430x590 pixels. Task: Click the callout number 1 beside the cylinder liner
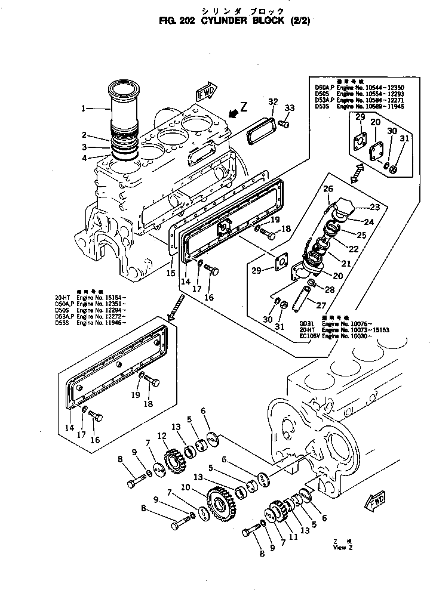84,109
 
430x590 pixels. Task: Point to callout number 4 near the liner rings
84,158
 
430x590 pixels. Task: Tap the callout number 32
272,101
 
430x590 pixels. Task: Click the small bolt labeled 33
284,123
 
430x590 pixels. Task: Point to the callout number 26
327,190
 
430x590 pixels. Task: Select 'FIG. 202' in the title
180,19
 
